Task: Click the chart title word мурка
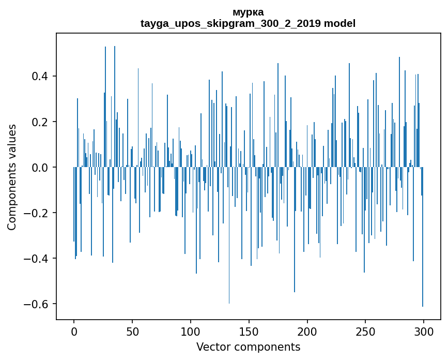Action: [x=248, y=12]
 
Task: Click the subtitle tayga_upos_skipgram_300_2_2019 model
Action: [x=248, y=24]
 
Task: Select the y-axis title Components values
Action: [x=12, y=177]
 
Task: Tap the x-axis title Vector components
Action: [x=248, y=347]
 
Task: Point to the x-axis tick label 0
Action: [x=74, y=332]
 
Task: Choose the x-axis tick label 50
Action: [x=132, y=332]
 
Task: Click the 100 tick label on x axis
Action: [x=191, y=332]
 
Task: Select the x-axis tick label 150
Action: [x=249, y=332]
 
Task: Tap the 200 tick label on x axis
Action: [x=307, y=332]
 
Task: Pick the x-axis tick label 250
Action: [x=365, y=332]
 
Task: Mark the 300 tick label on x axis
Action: [x=424, y=332]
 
